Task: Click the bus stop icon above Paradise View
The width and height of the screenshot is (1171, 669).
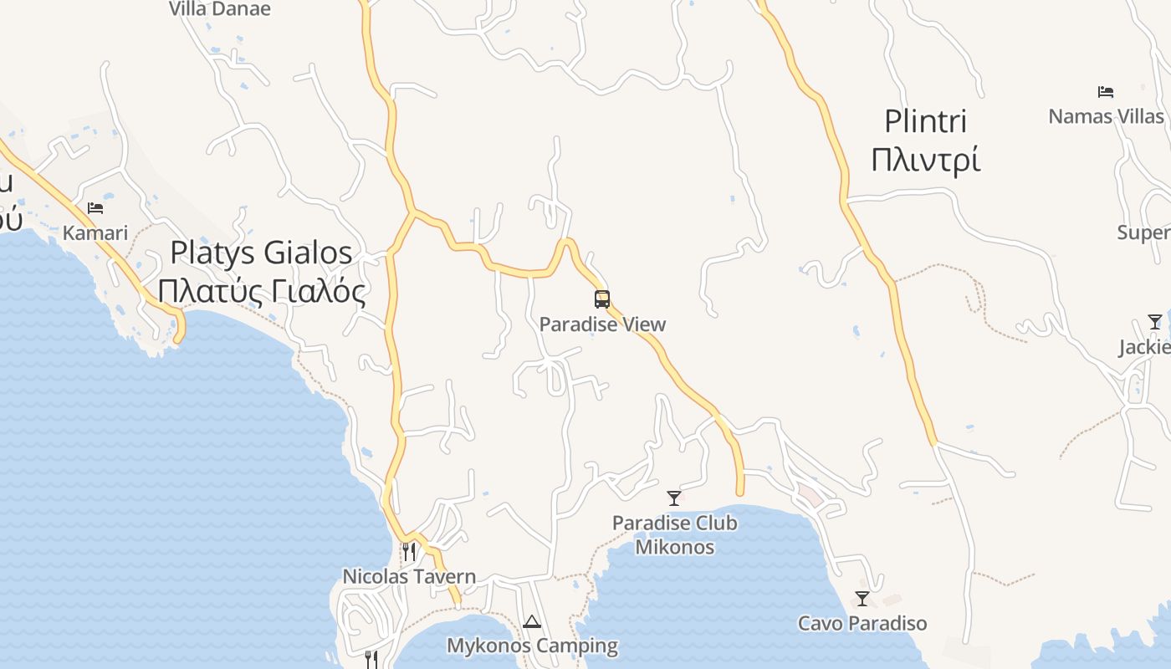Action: (602, 299)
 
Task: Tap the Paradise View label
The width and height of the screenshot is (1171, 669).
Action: (602, 324)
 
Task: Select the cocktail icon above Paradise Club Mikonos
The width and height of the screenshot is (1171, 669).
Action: (674, 498)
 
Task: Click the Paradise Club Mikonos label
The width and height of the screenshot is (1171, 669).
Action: (675, 535)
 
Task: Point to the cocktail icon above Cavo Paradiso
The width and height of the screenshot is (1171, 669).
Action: (862, 599)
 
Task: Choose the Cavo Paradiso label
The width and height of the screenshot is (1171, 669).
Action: (862, 623)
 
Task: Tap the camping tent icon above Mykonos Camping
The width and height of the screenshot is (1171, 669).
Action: (532, 621)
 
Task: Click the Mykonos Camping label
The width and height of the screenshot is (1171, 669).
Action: (532, 646)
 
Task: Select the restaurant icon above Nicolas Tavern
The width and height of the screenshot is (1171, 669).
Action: (409, 551)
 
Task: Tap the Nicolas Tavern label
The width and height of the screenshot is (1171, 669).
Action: (409, 576)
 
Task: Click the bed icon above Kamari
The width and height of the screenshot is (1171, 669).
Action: (95, 208)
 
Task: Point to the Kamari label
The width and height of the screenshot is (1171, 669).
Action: (95, 232)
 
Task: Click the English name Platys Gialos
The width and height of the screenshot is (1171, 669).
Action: (261, 253)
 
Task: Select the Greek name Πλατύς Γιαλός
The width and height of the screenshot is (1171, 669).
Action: (261, 291)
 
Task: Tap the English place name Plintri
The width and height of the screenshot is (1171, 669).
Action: (925, 121)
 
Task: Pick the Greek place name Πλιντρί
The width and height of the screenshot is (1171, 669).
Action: (925, 159)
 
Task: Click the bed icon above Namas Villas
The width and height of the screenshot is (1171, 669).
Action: (1106, 92)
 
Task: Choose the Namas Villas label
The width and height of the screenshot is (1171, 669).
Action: (1106, 116)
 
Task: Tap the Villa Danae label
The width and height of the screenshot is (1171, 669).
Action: (220, 9)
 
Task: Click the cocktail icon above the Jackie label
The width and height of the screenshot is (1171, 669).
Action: (1155, 322)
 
